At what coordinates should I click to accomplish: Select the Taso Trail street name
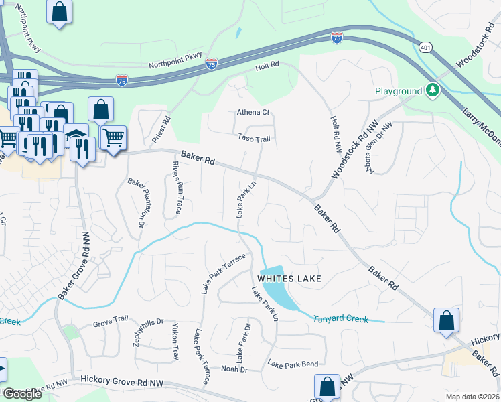254,139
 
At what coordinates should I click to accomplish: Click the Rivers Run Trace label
177,187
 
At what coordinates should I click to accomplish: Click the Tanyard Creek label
340,319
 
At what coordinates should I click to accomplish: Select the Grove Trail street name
110,322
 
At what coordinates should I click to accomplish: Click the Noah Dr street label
234,369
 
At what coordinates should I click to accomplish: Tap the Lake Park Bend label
293,364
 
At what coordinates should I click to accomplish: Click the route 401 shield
426,48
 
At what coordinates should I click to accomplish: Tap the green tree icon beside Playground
433,90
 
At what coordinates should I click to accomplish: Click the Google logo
22,394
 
